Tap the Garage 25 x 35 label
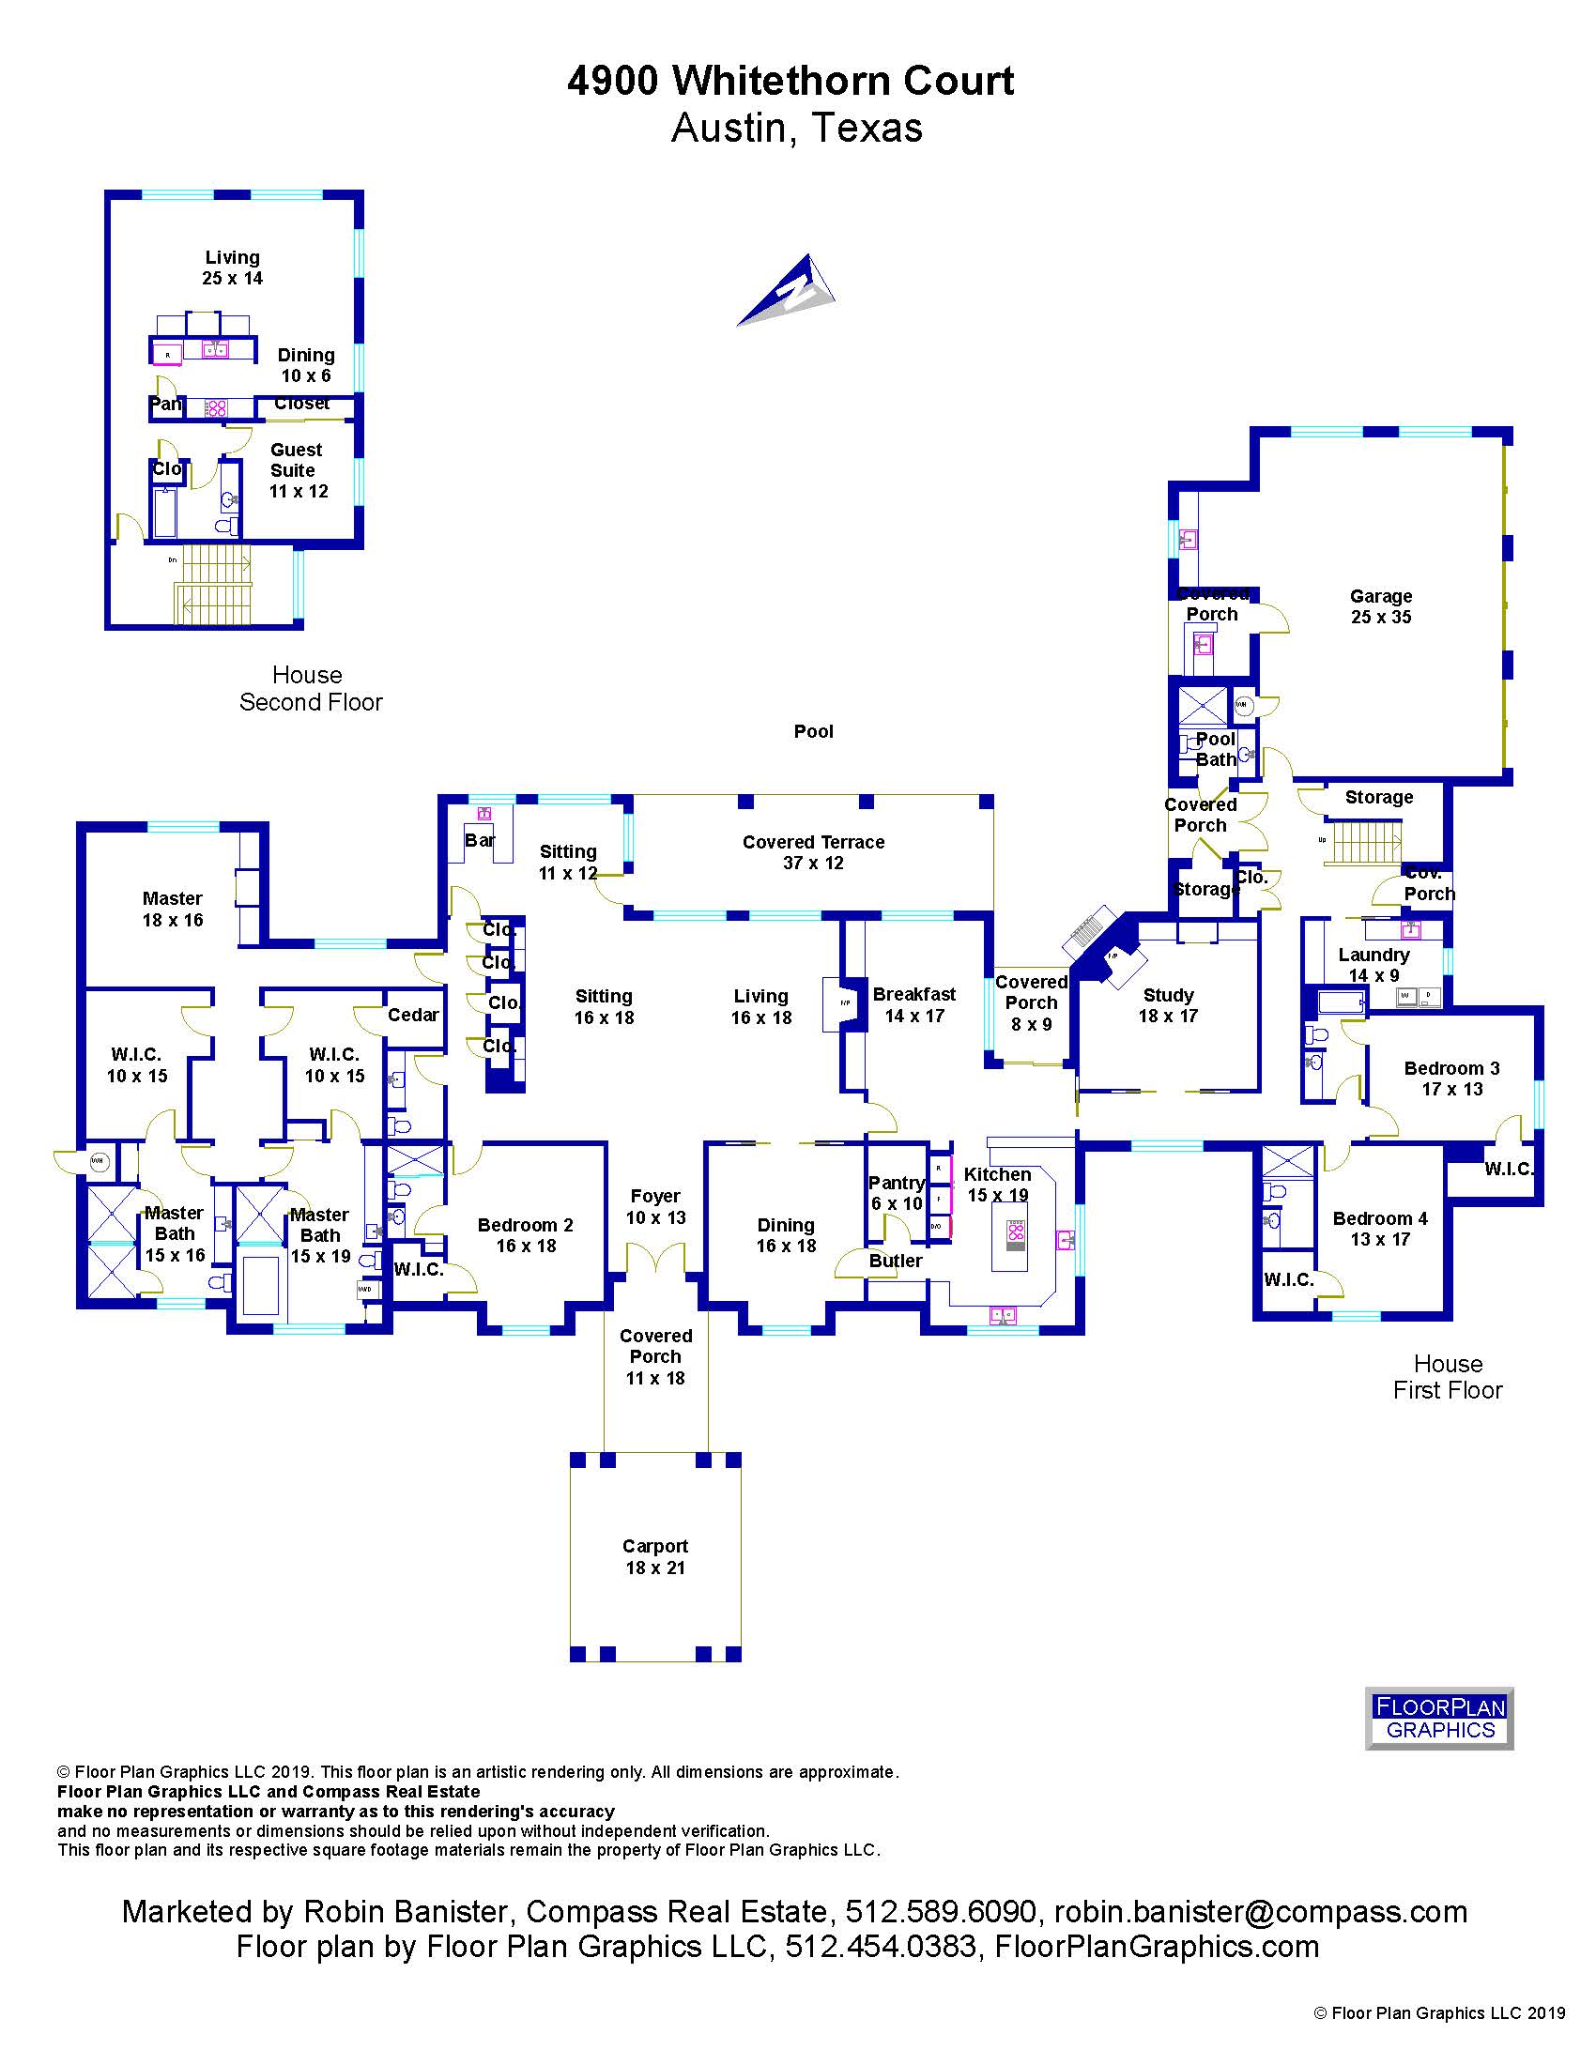coord(1380,606)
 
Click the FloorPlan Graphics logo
coord(1439,1718)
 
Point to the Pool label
coord(813,731)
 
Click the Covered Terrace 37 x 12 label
coord(813,852)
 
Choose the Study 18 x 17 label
coord(1168,1005)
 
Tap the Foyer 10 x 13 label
coord(655,1206)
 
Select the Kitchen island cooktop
coord(1016,1231)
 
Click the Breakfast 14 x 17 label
coord(913,1004)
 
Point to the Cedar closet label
coord(413,1015)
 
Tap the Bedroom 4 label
coord(1379,1229)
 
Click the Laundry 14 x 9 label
coord(1373,964)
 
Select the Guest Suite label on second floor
coord(297,470)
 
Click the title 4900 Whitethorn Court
coord(790,82)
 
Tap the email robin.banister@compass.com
coord(1260,1911)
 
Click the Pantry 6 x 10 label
coord(896,1192)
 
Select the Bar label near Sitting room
coord(480,840)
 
